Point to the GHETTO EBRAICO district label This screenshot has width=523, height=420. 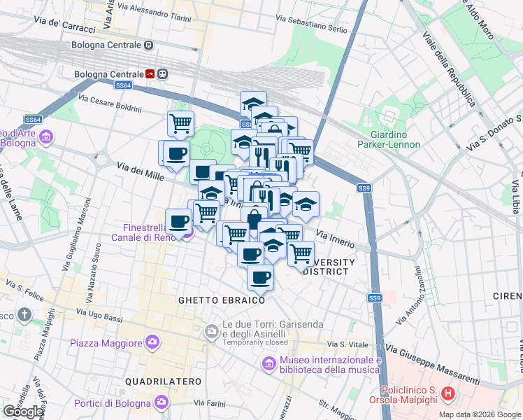tap(222, 300)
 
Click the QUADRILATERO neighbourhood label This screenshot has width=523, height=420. tap(163, 381)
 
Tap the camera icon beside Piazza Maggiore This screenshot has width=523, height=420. tap(152, 342)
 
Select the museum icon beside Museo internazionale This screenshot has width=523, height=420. tap(268, 364)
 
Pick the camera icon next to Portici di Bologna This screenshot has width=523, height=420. tap(162, 402)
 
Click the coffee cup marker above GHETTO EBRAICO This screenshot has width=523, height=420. tap(260, 277)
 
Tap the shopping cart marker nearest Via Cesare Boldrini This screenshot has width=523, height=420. tap(181, 123)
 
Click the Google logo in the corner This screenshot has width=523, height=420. tap(24, 412)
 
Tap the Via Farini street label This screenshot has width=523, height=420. tap(209, 402)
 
